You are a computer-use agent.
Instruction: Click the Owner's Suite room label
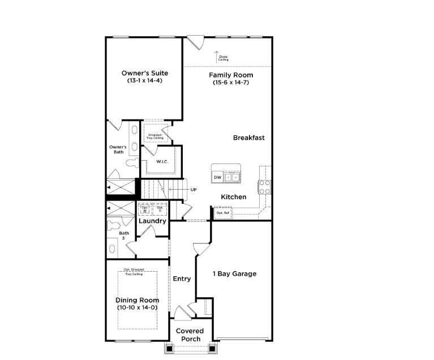(145, 73)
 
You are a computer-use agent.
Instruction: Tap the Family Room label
(231, 75)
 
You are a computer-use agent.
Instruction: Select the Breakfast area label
(248, 138)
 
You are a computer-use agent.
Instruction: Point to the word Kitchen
(234, 197)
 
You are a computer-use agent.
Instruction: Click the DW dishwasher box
(217, 178)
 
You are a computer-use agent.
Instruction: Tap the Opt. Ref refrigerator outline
(222, 213)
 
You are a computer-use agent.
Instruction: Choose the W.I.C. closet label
(162, 162)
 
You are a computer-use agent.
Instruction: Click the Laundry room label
(152, 221)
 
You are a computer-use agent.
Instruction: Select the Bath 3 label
(123, 235)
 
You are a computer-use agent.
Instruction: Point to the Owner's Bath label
(118, 149)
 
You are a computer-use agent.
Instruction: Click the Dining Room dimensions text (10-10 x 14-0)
(137, 307)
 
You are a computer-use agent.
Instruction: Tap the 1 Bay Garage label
(234, 274)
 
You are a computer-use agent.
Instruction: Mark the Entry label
(182, 278)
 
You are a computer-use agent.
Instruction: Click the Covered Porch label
(190, 335)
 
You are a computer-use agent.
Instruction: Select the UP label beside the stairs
(194, 189)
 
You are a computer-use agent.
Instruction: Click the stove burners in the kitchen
(264, 187)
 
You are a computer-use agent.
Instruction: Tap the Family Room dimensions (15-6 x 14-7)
(231, 83)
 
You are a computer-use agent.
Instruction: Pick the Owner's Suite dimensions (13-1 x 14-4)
(145, 81)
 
